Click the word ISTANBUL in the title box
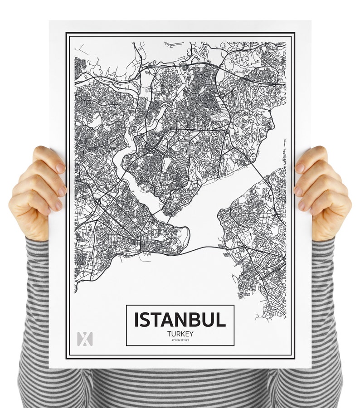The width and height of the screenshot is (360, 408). pyautogui.click(x=180, y=320)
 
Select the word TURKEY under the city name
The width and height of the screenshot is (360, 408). pyautogui.click(x=180, y=334)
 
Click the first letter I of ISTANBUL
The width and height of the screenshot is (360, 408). pyautogui.click(x=136, y=320)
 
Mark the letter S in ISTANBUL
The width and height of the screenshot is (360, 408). pyautogui.click(x=146, y=320)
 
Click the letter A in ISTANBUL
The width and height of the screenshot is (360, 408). pyautogui.click(x=168, y=320)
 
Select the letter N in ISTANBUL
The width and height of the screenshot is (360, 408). pyautogui.click(x=181, y=320)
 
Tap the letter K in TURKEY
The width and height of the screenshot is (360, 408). pyautogui.click(x=182, y=334)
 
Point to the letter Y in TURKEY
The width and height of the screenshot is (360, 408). pyautogui.click(x=191, y=334)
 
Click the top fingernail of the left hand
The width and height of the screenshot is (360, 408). pyautogui.click(x=60, y=168)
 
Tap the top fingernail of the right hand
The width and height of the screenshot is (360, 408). pyautogui.click(x=300, y=168)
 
